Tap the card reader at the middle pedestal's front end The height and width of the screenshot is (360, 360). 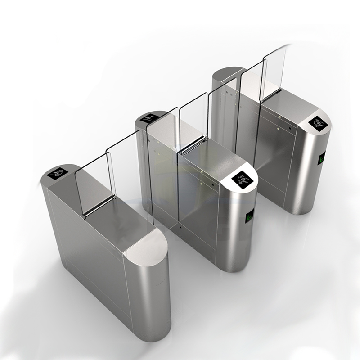tap(242, 180)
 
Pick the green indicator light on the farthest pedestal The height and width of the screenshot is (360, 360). tap(322, 157)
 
